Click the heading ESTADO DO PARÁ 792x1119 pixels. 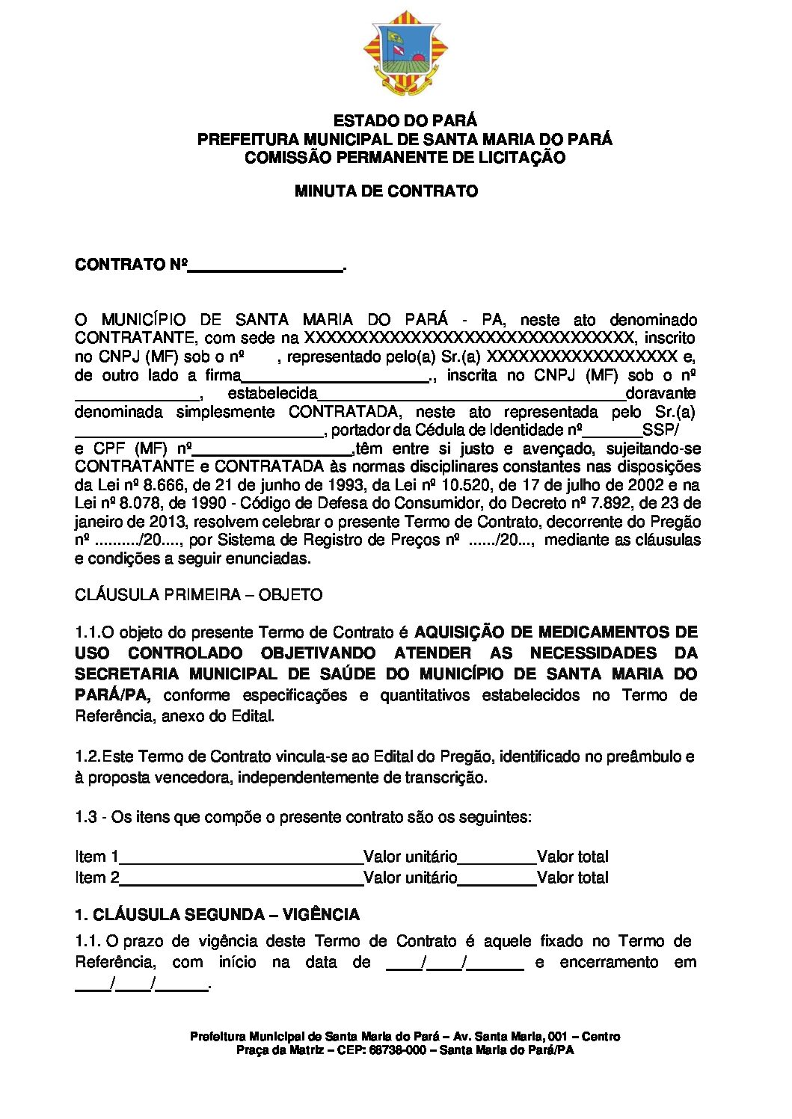pos(405,120)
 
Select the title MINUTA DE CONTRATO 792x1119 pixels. pos(386,191)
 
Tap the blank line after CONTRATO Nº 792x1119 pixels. pos(265,267)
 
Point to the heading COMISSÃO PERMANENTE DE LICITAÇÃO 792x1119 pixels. pos(405,158)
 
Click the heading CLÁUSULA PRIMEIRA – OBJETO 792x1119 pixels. pos(198,595)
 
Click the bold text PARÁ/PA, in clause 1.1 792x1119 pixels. pos(112,695)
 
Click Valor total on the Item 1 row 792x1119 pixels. pos(573,857)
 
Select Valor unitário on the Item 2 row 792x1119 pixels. pos(410,878)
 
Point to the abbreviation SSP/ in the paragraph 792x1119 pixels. pos(660,430)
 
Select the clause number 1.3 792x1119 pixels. pos(86,817)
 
